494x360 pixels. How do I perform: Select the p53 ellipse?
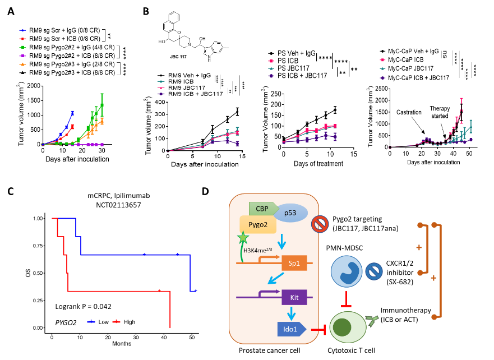pyautogui.click(x=290, y=212)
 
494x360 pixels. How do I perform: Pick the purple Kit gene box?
pyautogui.click(x=294, y=297)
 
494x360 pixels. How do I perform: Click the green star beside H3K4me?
pyautogui.click(x=243, y=237)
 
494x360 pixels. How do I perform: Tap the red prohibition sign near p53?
pyautogui.click(x=320, y=224)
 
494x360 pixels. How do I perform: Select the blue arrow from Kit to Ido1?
pyautogui.click(x=292, y=313)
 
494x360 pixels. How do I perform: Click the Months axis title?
pyautogui.click(x=122, y=343)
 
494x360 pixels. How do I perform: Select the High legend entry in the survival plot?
pyautogui.click(x=124, y=322)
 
